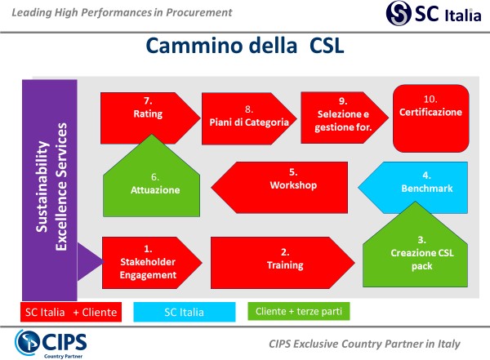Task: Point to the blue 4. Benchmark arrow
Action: [413, 186]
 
